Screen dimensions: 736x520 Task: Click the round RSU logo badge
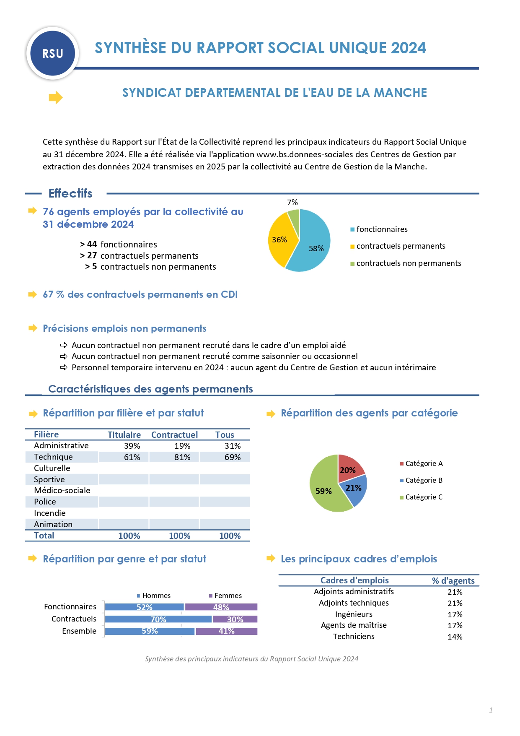53,54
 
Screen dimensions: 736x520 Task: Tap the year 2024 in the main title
408,48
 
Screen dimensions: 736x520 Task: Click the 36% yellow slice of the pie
279,241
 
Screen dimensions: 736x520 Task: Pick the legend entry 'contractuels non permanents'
409,263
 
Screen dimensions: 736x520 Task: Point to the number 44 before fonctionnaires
92,244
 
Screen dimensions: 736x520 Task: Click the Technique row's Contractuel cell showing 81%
182,457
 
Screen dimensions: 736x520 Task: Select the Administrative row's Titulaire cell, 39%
132,446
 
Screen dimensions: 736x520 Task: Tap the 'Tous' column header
225,435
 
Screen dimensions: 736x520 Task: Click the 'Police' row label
45,502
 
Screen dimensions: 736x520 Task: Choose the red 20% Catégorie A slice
349,468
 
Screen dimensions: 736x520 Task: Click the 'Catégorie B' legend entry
424,481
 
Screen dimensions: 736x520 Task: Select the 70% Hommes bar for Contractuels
158,619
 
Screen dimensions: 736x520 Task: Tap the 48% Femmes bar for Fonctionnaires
221,607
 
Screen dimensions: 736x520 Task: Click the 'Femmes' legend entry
228,596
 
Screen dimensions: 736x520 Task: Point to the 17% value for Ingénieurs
455,615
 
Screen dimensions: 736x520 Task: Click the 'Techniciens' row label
354,637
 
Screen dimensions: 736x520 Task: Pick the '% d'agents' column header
453,581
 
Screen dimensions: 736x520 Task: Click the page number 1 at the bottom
491,710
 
